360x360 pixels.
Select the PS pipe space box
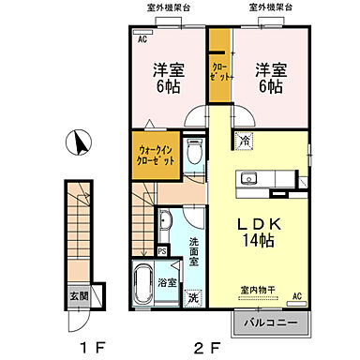[x=162, y=251]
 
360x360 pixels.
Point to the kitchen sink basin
[x=249, y=178]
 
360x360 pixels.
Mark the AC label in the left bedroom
[x=143, y=41]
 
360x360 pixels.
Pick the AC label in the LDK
[x=296, y=297]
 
